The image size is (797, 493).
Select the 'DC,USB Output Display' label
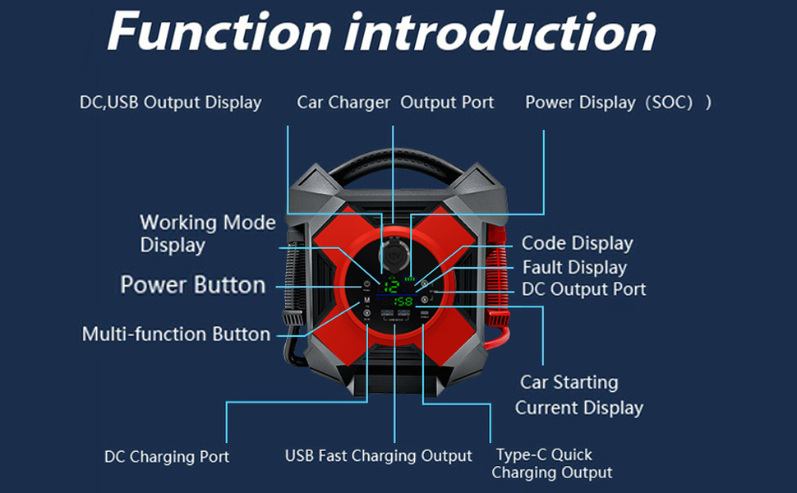pos(170,103)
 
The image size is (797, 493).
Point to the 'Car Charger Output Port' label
pos(395,103)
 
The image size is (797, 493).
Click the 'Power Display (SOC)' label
pos(618,103)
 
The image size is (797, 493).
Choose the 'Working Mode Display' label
pos(207,233)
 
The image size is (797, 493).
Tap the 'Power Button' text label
pos(192,285)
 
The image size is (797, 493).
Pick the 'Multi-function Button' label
pos(176,334)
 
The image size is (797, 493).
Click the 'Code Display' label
pos(577,243)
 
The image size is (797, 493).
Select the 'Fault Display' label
pos(574,267)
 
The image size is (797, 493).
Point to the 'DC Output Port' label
pos(583,289)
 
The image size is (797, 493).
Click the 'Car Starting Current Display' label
pos(578,395)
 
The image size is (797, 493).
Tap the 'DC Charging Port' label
pos(167,457)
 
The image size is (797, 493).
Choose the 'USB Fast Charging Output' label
pos(378,455)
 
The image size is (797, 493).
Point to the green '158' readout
pos(403,301)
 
